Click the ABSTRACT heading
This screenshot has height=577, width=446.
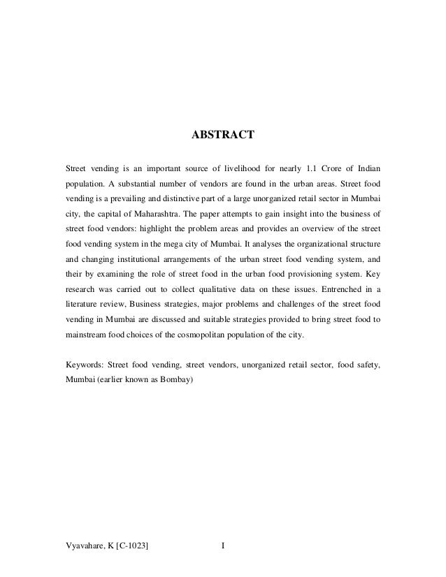click(223, 133)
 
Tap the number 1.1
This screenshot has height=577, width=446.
click(299, 168)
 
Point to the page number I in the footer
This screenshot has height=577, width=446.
click(222, 545)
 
